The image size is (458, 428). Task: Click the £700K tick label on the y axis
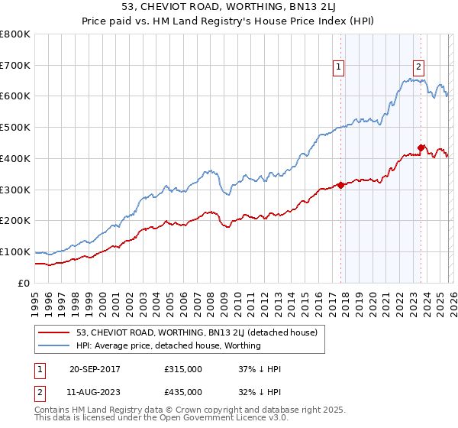coord(15,66)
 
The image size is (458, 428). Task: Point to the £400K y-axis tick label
coord(15,159)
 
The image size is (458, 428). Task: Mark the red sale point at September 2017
coord(340,185)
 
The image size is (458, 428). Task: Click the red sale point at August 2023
coord(421,148)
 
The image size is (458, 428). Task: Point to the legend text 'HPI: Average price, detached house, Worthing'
coord(169,345)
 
